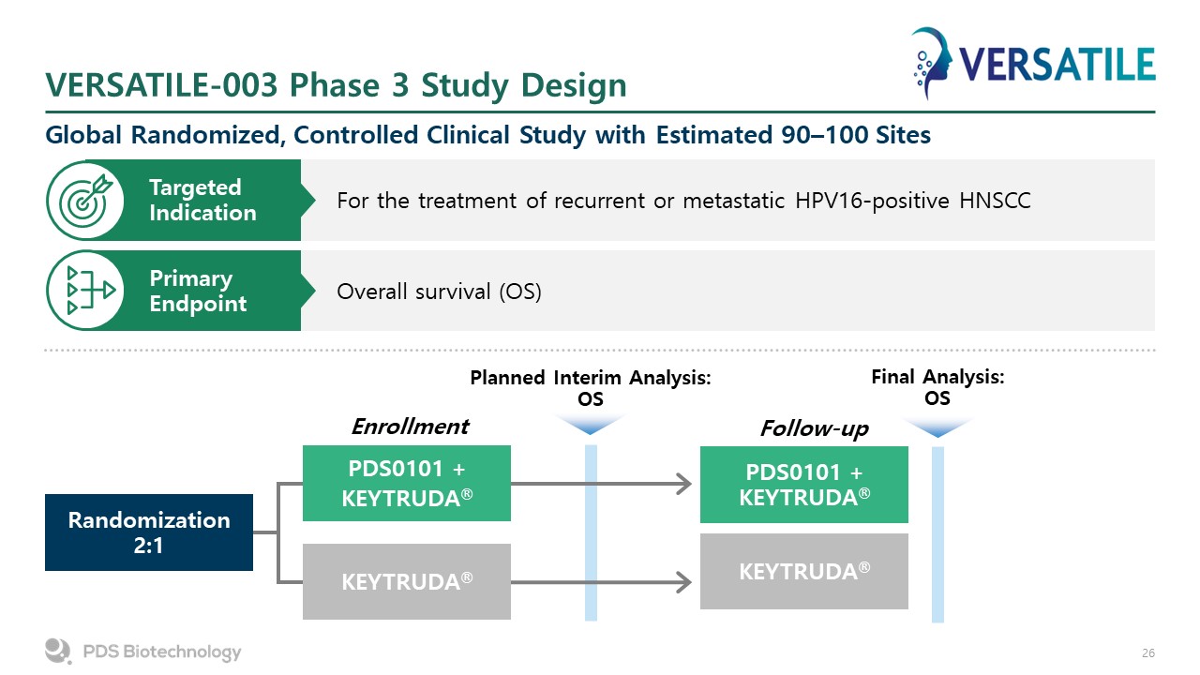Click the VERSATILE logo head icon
[932, 63]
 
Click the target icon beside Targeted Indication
[85, 200]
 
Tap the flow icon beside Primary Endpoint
[90, 291]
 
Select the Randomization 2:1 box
[149, 532]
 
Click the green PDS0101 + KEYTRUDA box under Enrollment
[407, 483]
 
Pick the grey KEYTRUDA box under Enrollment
[407, 582]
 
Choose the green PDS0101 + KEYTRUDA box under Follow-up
[804, 485]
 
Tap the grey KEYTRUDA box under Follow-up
[804, 572]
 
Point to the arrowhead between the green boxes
[683, 484]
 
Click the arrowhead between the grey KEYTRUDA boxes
[683, 582]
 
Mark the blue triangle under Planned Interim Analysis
[591, 424]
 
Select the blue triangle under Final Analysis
[937, 428]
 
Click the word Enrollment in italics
[410, 427]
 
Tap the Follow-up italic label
[815, 428]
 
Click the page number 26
[1148, 653]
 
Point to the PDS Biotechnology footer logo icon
[58, 651]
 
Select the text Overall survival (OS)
[439, 292]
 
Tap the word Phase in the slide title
[335, 85]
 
